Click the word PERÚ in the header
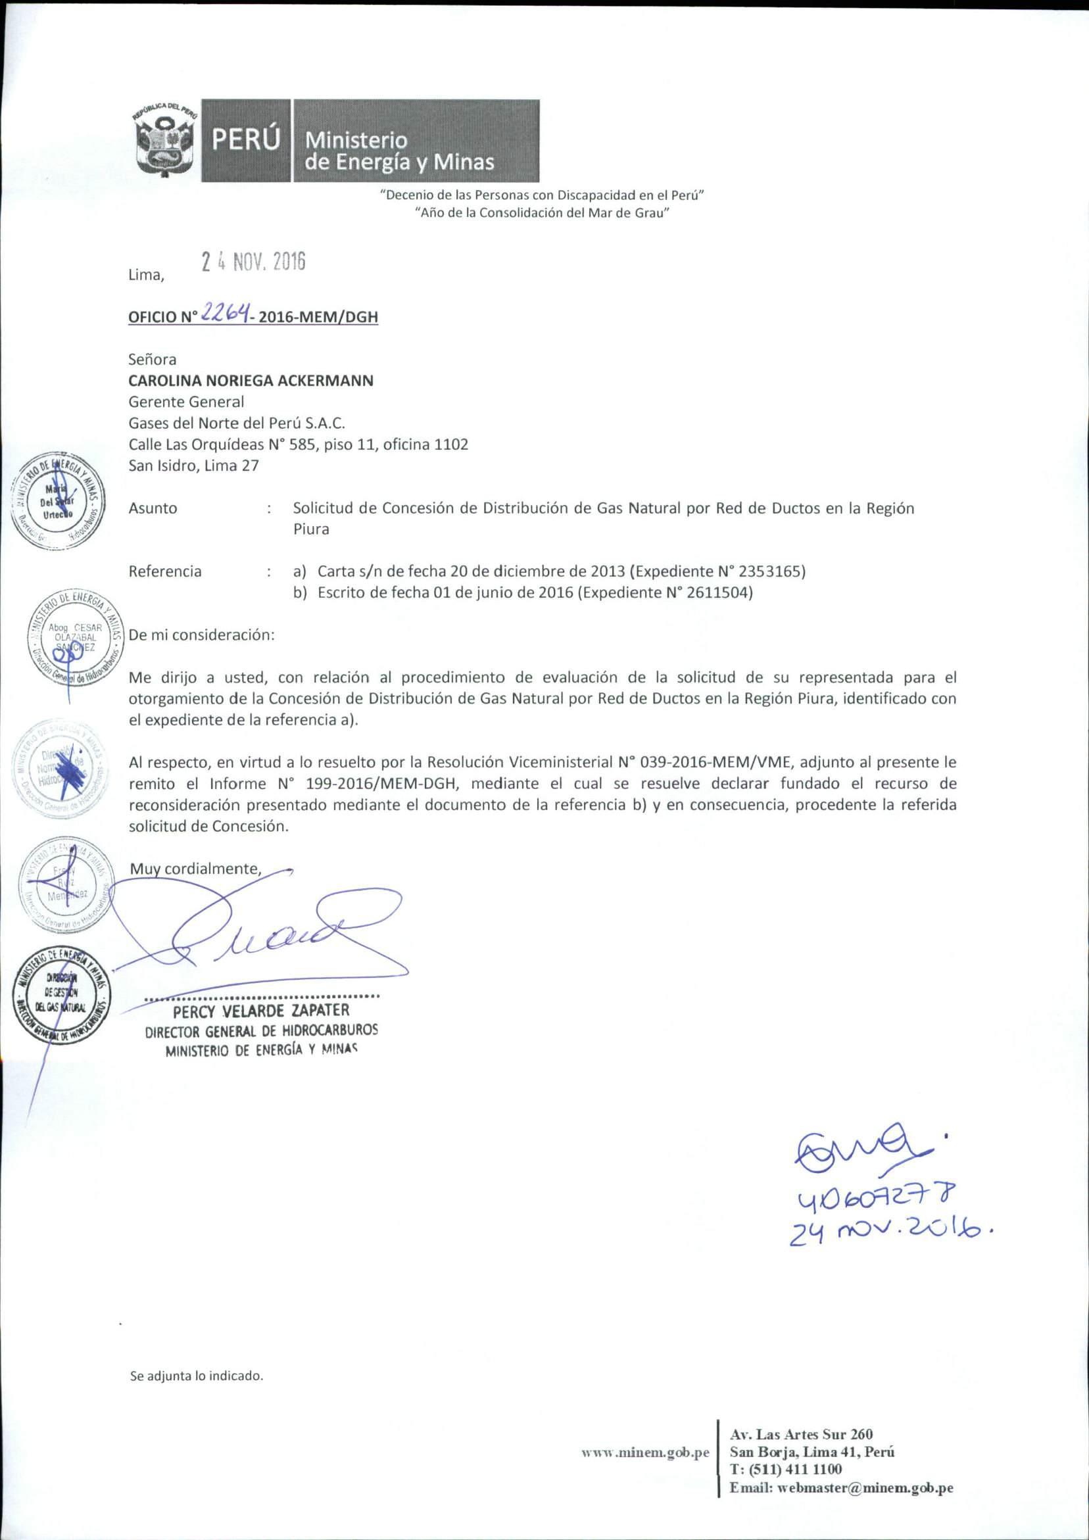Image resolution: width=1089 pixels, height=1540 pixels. point(245,141)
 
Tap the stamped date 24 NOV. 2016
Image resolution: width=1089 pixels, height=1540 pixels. point(254,262)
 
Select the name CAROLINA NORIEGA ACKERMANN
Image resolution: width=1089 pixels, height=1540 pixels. point(251,380)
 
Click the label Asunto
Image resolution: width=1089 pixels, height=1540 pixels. point(153,508)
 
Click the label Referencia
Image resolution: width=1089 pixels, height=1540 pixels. point(165,571)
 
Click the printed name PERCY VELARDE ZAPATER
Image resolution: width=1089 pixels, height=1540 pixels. point(261,1010)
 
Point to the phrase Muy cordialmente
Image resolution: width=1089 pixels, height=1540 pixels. point(195,869)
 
